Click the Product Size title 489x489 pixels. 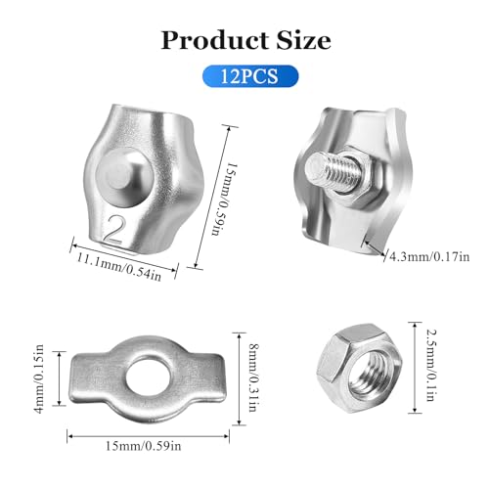pos(244,40)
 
